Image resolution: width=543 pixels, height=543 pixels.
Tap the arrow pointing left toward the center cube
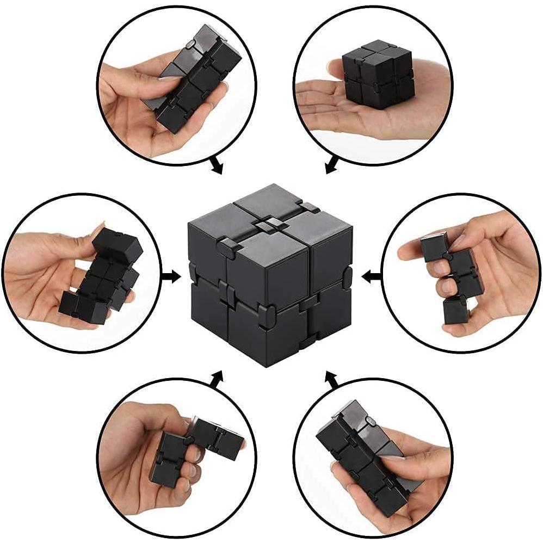pyautogui.click(x=372, y=277)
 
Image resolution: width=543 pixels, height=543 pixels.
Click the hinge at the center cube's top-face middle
pyautogui.click(x=270, y=224)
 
